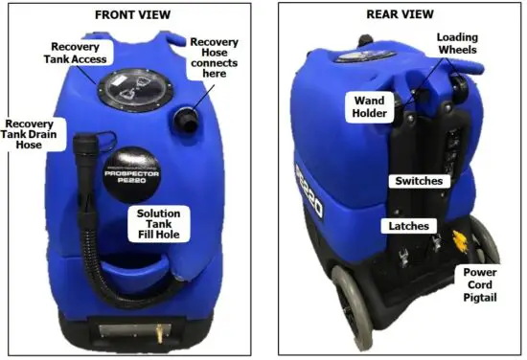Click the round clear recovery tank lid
tap(130, 89)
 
